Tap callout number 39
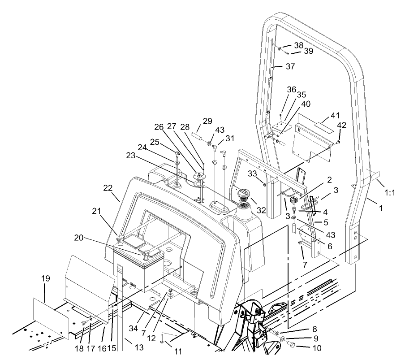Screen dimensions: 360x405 (x=309, y=51)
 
